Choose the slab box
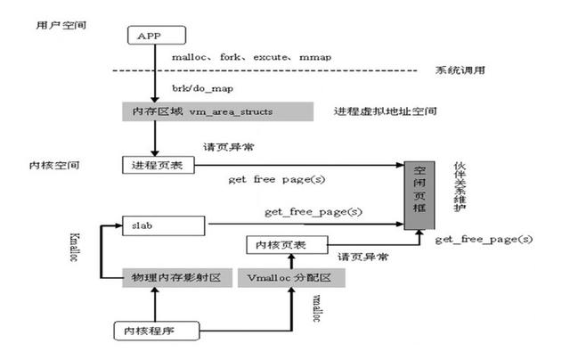coord(164,226)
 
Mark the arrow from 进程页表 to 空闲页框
coord(294,165)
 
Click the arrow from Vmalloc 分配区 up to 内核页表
coord(290,260)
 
